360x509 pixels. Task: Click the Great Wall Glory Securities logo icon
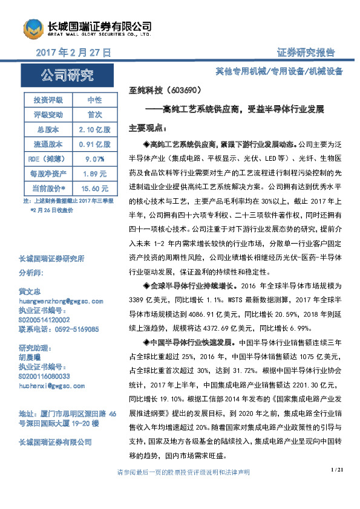click(x=33, y=28)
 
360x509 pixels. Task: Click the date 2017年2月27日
click(x=74, y=53)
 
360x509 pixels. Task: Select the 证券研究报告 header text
click(x=306, y=53)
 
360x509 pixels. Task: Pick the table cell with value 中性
click(x=94, y=100)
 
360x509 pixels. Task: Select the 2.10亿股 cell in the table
click(x=94, y=129)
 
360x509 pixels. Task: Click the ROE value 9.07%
click(x=94, y=158)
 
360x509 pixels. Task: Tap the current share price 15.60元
click(x=94, y=188)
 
